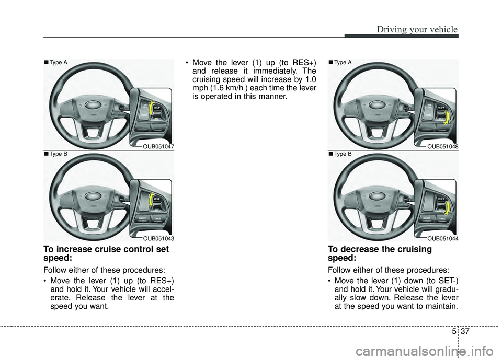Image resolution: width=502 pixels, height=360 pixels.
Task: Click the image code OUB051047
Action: point(158,147)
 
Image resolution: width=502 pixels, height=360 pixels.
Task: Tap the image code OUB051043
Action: point(158,238)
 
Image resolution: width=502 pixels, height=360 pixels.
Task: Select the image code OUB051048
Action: point(442,147)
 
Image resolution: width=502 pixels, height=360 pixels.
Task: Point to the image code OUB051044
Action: point(442,238)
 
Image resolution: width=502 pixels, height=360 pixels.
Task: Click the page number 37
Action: point(468,331)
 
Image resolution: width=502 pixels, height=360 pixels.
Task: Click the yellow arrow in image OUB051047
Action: point(152,109)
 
